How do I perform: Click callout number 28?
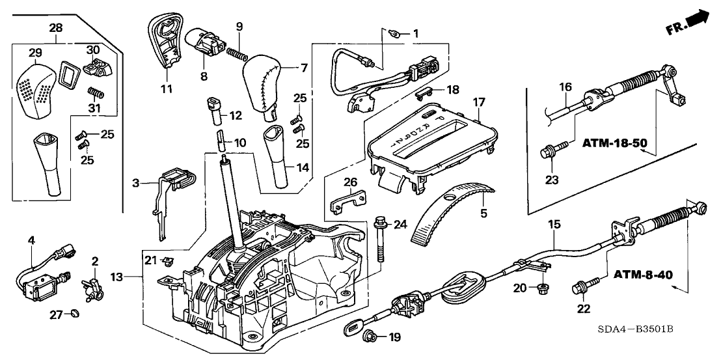(55, 27)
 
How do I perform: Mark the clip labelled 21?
(168, 262)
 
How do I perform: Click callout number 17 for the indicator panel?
(480, 102)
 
